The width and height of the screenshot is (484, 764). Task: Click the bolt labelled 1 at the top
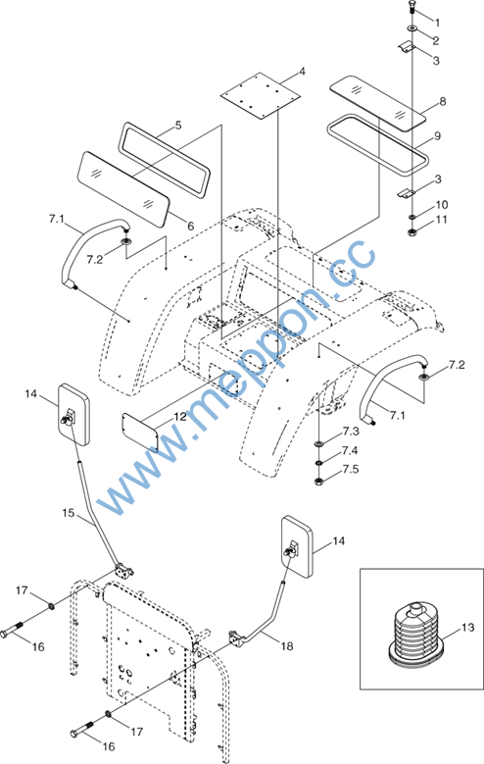pyautogui.click(x=411, y=8)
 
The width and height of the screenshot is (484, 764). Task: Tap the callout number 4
pyautogui.click(x=302, y=73)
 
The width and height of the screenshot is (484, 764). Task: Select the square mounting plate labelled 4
pyautogui.click(x=260, y=95)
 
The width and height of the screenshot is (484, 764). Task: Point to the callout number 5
pyautogui.click(x=178, y=126)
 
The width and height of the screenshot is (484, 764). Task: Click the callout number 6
pyautogui.click(x=190, y=227)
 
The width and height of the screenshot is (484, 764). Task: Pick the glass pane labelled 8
pyautogui.click(x=378, y=102)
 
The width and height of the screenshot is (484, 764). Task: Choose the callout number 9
pyautogui.click(x=437, y=136)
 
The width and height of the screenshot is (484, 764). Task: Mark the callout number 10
pyautogui.click(x=442, y=204)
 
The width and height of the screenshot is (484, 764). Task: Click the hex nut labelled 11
pyautogui.click(x=412, y=230)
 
